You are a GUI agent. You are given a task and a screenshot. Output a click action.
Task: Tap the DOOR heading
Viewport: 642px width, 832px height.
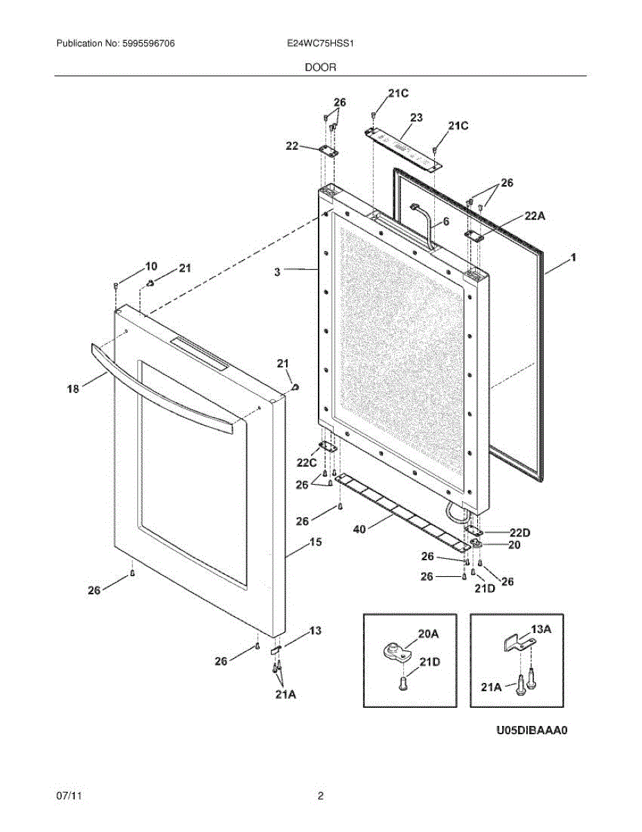click(320, 67)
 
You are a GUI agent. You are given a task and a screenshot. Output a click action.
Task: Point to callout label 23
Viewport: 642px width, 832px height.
click(416, 118)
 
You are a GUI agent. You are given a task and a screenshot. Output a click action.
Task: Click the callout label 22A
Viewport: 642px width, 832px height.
click(535, 217)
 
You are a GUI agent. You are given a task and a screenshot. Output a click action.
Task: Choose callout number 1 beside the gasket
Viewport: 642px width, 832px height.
click(573, 258)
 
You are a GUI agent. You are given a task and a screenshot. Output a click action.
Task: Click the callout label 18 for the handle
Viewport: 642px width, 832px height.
click(73, 389)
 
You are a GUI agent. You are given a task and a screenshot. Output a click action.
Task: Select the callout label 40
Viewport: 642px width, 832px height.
click(359, 530)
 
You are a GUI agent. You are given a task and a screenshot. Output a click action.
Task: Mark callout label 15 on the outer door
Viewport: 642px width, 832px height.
click(314, 543)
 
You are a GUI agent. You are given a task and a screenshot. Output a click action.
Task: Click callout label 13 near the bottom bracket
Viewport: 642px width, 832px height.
click(315, 631)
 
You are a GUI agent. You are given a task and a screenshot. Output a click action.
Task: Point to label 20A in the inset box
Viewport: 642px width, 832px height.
click(428, 634)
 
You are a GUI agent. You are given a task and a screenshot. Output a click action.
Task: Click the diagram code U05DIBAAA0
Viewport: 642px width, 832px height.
click(531, 730)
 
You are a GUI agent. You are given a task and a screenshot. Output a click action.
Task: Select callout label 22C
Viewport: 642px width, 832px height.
click(307, 462)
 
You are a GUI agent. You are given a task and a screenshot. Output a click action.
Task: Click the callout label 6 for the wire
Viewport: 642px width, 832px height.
click(446, 222)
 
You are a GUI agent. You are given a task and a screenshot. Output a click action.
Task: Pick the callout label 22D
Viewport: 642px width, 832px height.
click(519, 532)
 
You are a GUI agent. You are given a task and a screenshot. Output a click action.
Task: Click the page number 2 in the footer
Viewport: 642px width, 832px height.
click(320, 796)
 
